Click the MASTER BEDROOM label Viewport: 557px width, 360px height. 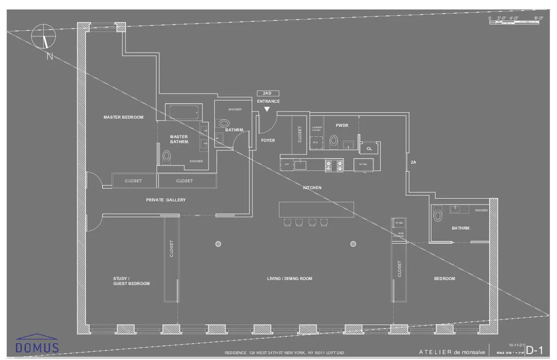pyautogui.click(x=123, y=117)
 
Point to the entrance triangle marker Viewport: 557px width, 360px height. pyautogui.click(x=266, y=109)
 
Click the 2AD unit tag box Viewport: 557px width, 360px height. pyautogui.click(x=267, y=93)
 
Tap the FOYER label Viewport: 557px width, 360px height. pyautogui.click(x=268, y=140)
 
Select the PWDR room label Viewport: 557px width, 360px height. pyautogui.click(x=342, y=125)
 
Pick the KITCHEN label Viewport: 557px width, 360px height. pyautogui.click(x=312, y=187)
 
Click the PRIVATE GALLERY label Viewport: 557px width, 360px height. pyautogui.click(x=166, y=200)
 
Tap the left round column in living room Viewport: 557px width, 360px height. pyautogui.click(x=218, y=244)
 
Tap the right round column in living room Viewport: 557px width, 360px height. pyautogui.click(x=353, y=244)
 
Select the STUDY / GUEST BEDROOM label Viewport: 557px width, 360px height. pyautogui.click(x=131, y=281)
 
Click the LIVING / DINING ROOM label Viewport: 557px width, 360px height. pyautogui.click(x=290, y=279)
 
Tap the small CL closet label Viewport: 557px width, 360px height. pyautogui.click(x=369, y=149)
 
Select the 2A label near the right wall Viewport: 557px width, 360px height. pyautogui.click(x=414, y=162)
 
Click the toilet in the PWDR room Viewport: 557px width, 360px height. pyautogui.click(x=333, y=141)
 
